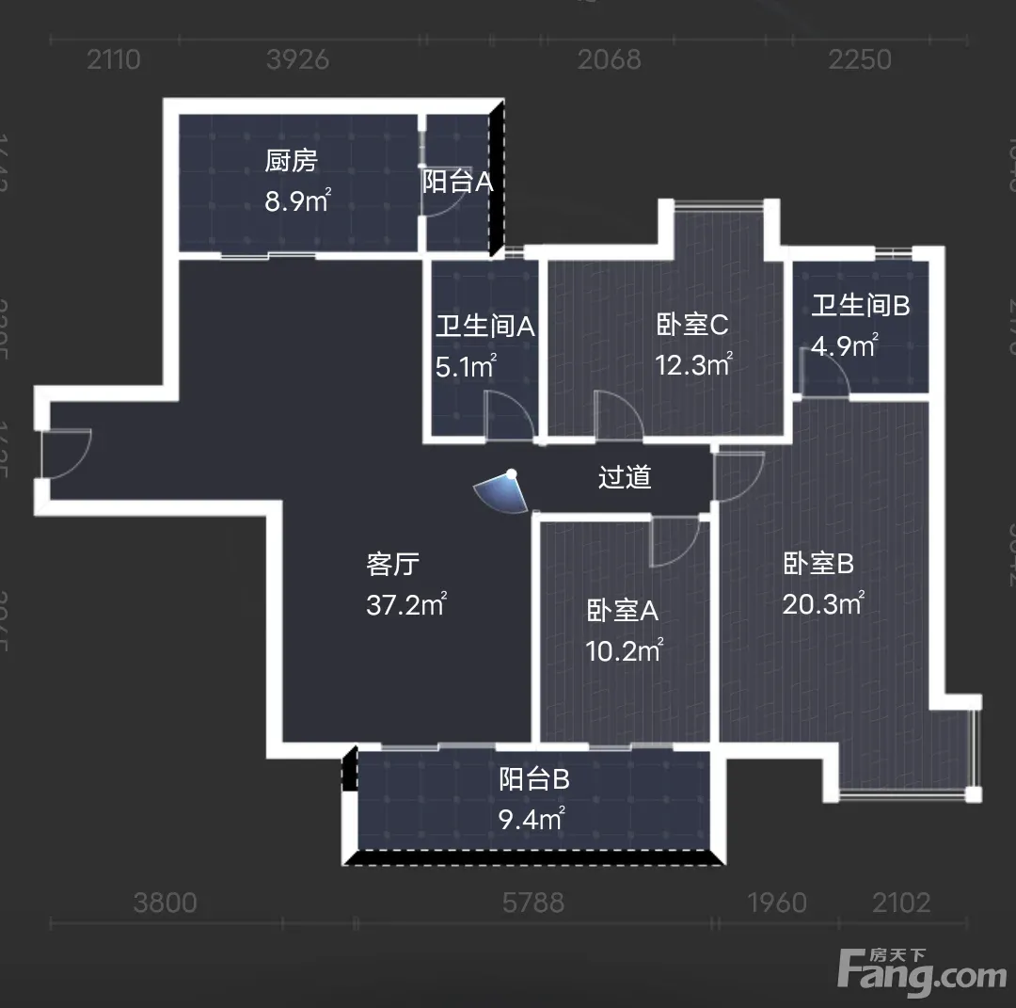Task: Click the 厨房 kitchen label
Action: [x=291, y=161]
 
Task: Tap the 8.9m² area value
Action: [x=296, y=201]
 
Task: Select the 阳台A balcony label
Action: [x=510, y=182]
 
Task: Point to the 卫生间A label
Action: [x=484, y=327]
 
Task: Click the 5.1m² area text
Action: [x=466, y=366]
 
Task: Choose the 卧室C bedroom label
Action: [x=692, y=325]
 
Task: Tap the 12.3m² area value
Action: [x=693, y=364]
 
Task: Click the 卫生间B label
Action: [x=861, y=306]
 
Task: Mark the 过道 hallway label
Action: [x=625, y=477]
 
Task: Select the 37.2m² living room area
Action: [x=405, y=604]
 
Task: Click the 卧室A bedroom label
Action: [x=622, y=611]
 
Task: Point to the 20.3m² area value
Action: [x=823, y=603]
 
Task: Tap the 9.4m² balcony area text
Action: [x=532, y=819]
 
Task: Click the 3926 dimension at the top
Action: [x=298, y=59]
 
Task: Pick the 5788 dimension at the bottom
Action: [x=533, y=904]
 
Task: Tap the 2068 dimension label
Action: [x=609, y=59]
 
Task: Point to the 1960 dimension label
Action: [x=776, y=904]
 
